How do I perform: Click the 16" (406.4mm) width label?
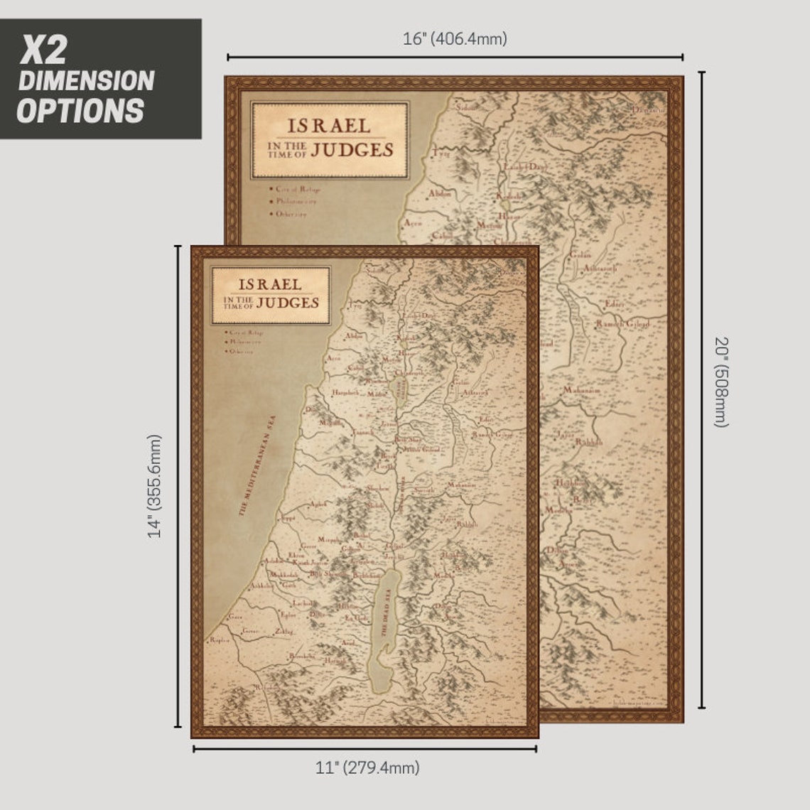455,39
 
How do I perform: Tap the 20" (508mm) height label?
721,382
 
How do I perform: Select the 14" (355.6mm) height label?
156,486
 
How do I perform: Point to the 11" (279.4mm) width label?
367,767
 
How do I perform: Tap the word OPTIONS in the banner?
80,111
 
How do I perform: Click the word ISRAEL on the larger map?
329,126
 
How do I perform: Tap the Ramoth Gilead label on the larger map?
622,324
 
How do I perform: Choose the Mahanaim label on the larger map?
582,390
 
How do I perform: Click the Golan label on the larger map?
580,254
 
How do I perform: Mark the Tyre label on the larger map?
442,153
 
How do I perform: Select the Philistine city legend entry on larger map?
296,201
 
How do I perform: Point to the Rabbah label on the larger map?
589,442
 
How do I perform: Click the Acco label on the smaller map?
334,358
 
